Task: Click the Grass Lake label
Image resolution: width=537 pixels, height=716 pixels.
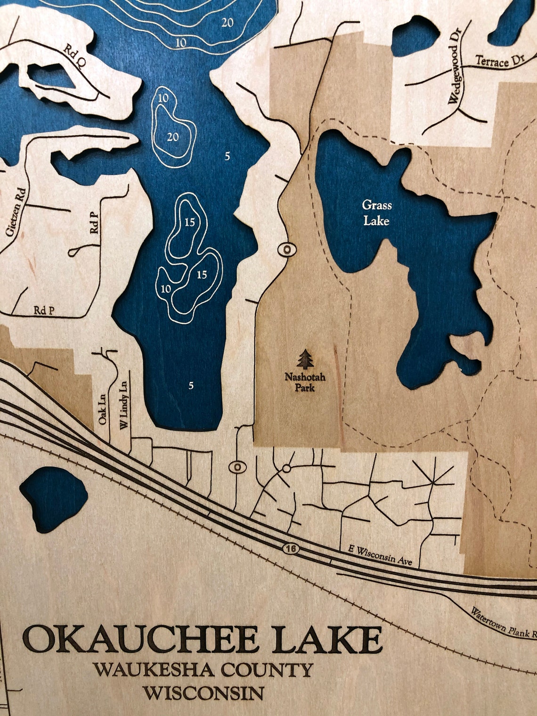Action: click(x=376, y=213)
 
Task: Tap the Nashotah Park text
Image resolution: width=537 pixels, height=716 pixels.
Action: click(x=305, y=382)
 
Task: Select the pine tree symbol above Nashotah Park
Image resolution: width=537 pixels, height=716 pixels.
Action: click(x=306, y=359)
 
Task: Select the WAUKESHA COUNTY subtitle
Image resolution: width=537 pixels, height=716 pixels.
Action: click(x=203, y=670)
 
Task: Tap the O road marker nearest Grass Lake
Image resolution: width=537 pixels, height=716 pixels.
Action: click(x=286, y=249)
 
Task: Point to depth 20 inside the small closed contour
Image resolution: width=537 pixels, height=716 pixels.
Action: click(x=173, y=137)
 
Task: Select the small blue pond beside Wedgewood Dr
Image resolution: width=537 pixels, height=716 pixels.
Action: click(x=415, y=35)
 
